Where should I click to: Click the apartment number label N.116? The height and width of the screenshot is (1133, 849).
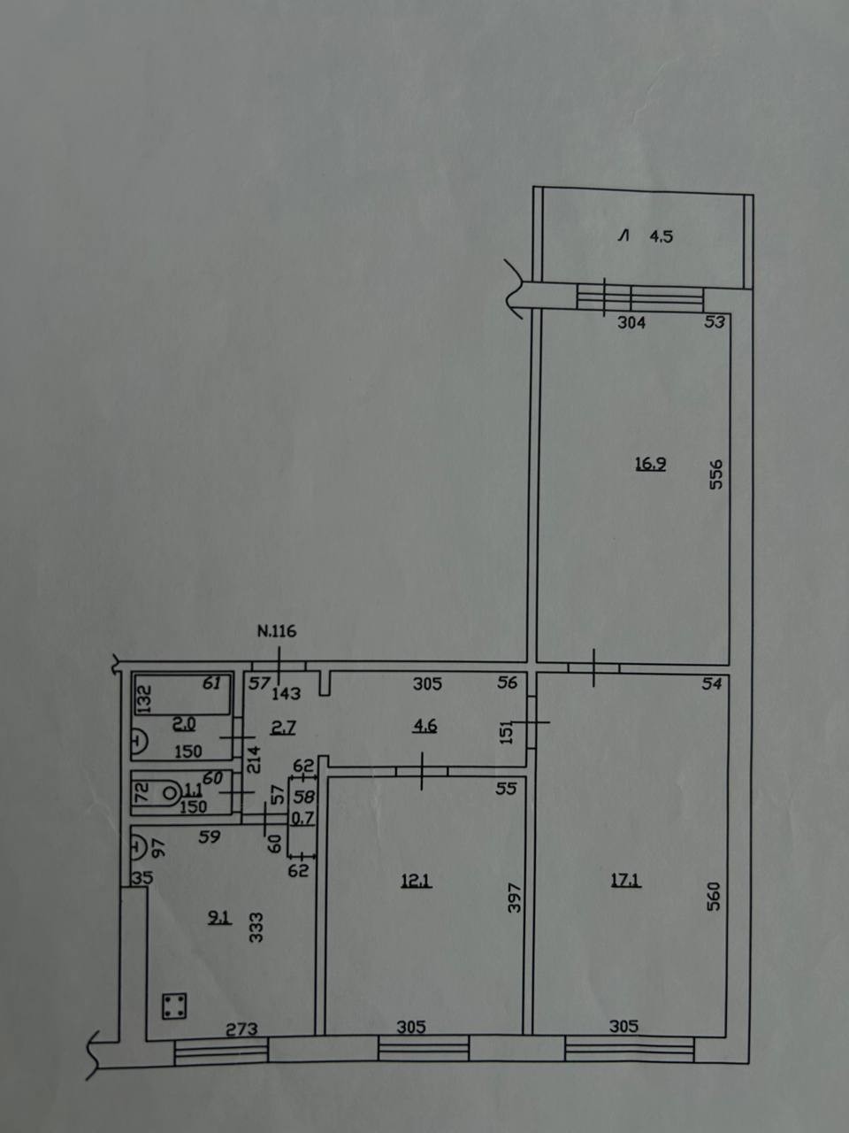(277, 631)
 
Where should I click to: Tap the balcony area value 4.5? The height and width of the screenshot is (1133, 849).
(662, 237)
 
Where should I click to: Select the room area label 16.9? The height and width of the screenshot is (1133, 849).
(651, 464)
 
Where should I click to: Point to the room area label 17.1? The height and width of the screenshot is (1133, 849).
(626, 881)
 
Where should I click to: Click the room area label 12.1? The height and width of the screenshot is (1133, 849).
(417, 881)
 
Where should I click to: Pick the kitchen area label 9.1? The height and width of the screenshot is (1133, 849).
(219, 918)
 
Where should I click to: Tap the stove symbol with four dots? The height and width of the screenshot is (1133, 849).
(175, 1006)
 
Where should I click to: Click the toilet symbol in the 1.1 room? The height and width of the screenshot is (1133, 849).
(169, 793)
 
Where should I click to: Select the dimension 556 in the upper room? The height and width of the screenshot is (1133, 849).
(716, 474)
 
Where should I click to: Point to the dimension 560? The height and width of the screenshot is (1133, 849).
(714, 897)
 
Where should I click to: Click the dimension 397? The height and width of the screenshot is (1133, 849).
(515, 898)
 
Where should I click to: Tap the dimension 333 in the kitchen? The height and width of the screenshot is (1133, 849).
(256, 928)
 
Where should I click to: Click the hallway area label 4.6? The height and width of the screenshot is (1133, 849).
(425, 726)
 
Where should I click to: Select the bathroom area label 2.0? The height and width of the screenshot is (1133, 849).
(184, 724)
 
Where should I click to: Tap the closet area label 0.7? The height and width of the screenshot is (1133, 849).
(303, 818)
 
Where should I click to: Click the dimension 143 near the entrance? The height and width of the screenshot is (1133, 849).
(286, 693)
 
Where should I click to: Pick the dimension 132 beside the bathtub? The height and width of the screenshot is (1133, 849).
(145, 699)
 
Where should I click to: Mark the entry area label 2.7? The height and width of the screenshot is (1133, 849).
(283, 728)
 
